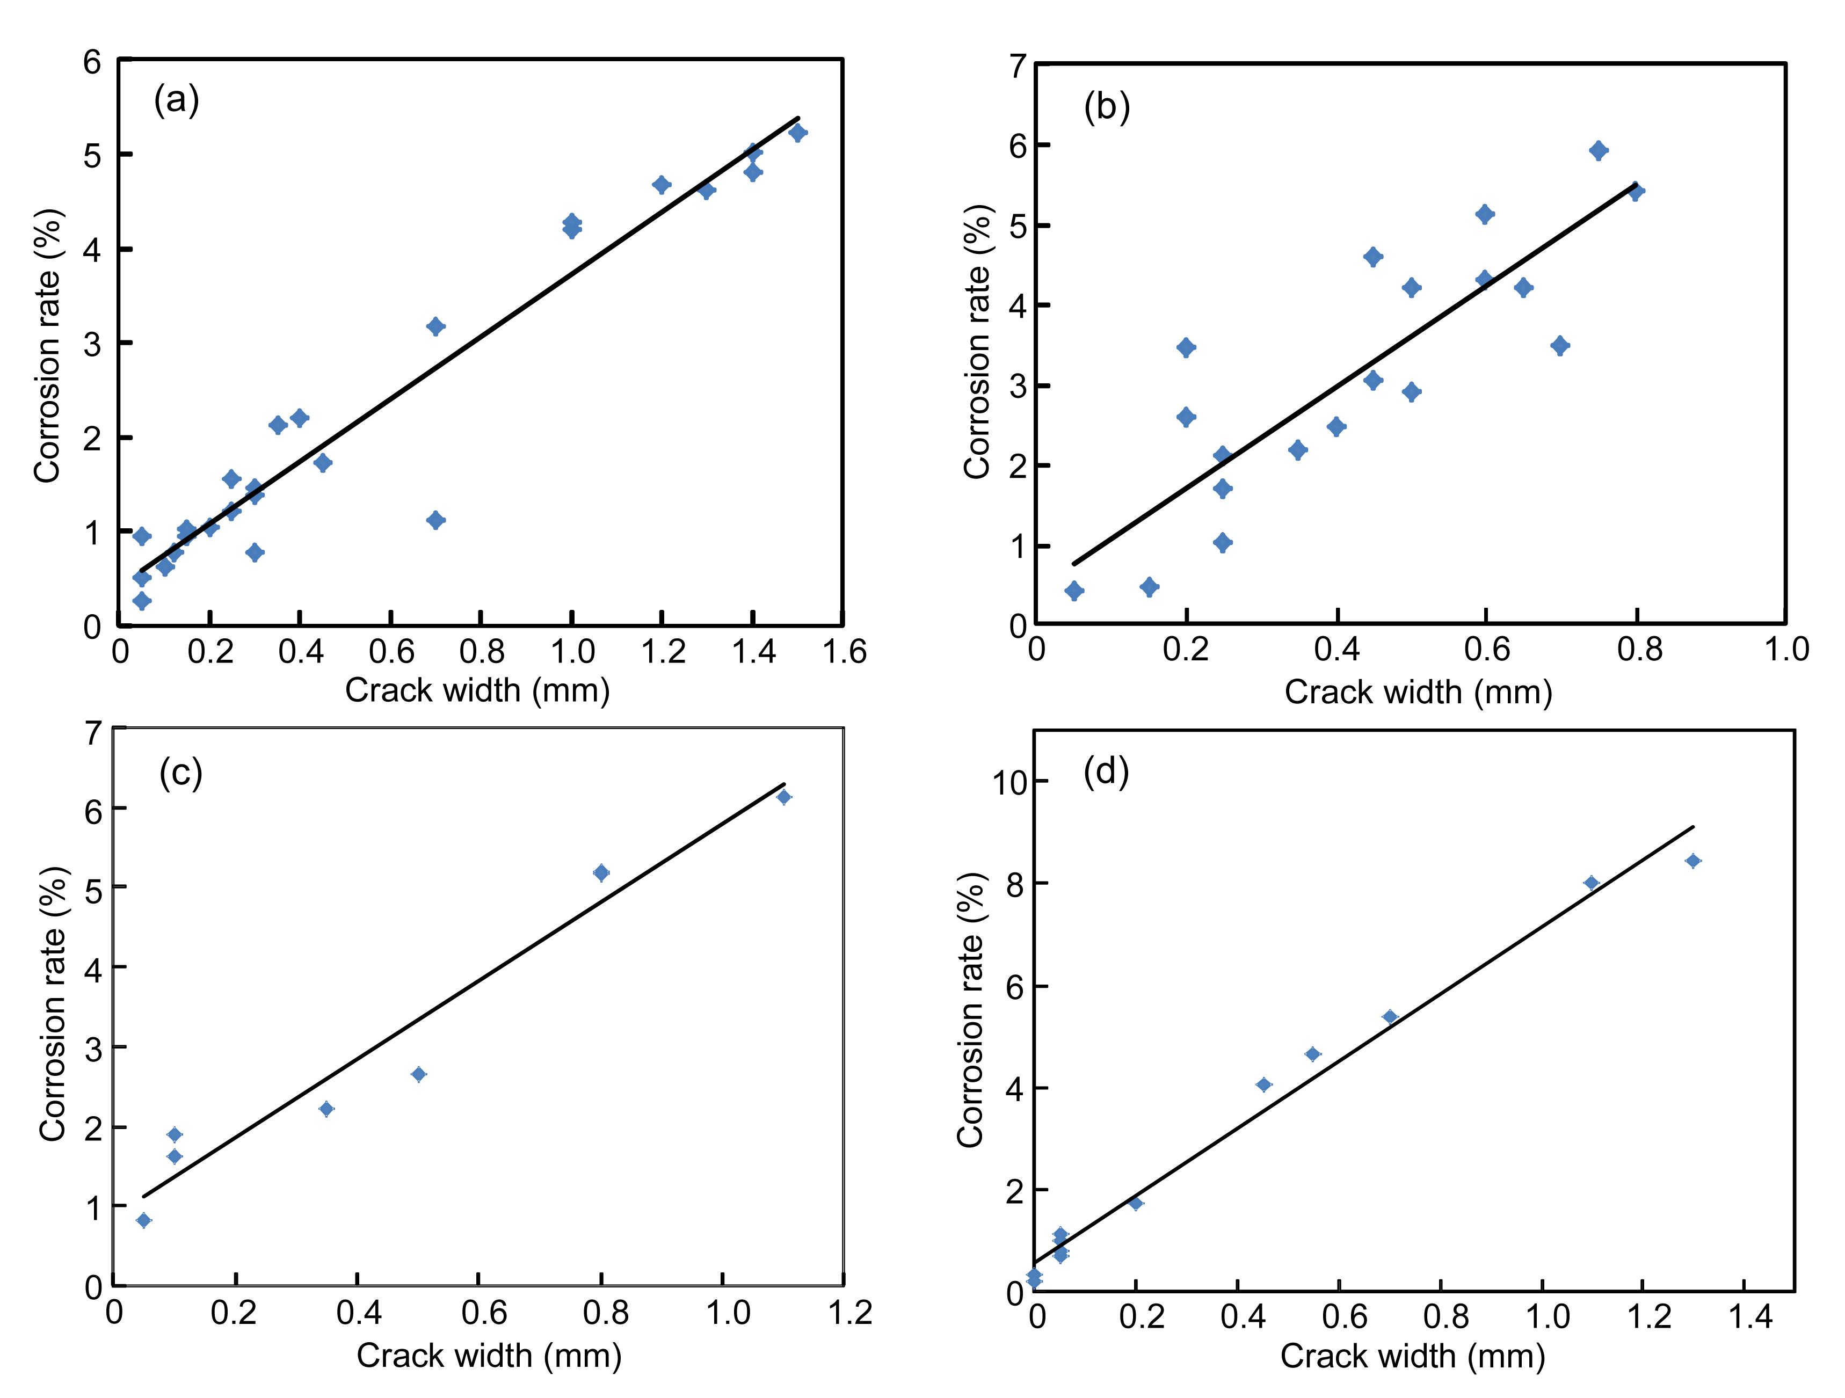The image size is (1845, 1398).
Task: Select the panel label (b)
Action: click(x=1106, y=107)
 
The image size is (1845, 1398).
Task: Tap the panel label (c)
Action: click(x=181, y=773)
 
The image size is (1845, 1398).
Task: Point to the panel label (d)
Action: click(x=1105, y=771)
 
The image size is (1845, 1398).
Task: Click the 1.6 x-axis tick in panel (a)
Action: click(x=844, y=651)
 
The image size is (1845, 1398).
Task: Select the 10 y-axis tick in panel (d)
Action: click(x=1007, y=782)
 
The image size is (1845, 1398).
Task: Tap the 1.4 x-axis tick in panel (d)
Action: click(x=1748, y=1317)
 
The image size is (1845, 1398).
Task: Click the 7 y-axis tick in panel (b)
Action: click(x=1018, y=67)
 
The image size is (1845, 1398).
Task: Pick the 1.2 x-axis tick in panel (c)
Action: click(x=849, y=1314)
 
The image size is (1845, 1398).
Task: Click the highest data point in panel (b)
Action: click(x=1598, y=151)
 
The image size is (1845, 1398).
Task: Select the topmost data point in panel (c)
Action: click(x=783, y=797)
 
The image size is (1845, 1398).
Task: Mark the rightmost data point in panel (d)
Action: click(x=1693, y=861)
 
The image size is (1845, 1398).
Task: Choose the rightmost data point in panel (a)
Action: click(x=797, y=133)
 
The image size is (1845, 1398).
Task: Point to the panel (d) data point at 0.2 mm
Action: click(x=1135, y=1203)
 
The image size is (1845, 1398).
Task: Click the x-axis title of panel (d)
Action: click(x=1413, y=1357)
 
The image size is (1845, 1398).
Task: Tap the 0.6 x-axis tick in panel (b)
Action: click(x=1486, y=650)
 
